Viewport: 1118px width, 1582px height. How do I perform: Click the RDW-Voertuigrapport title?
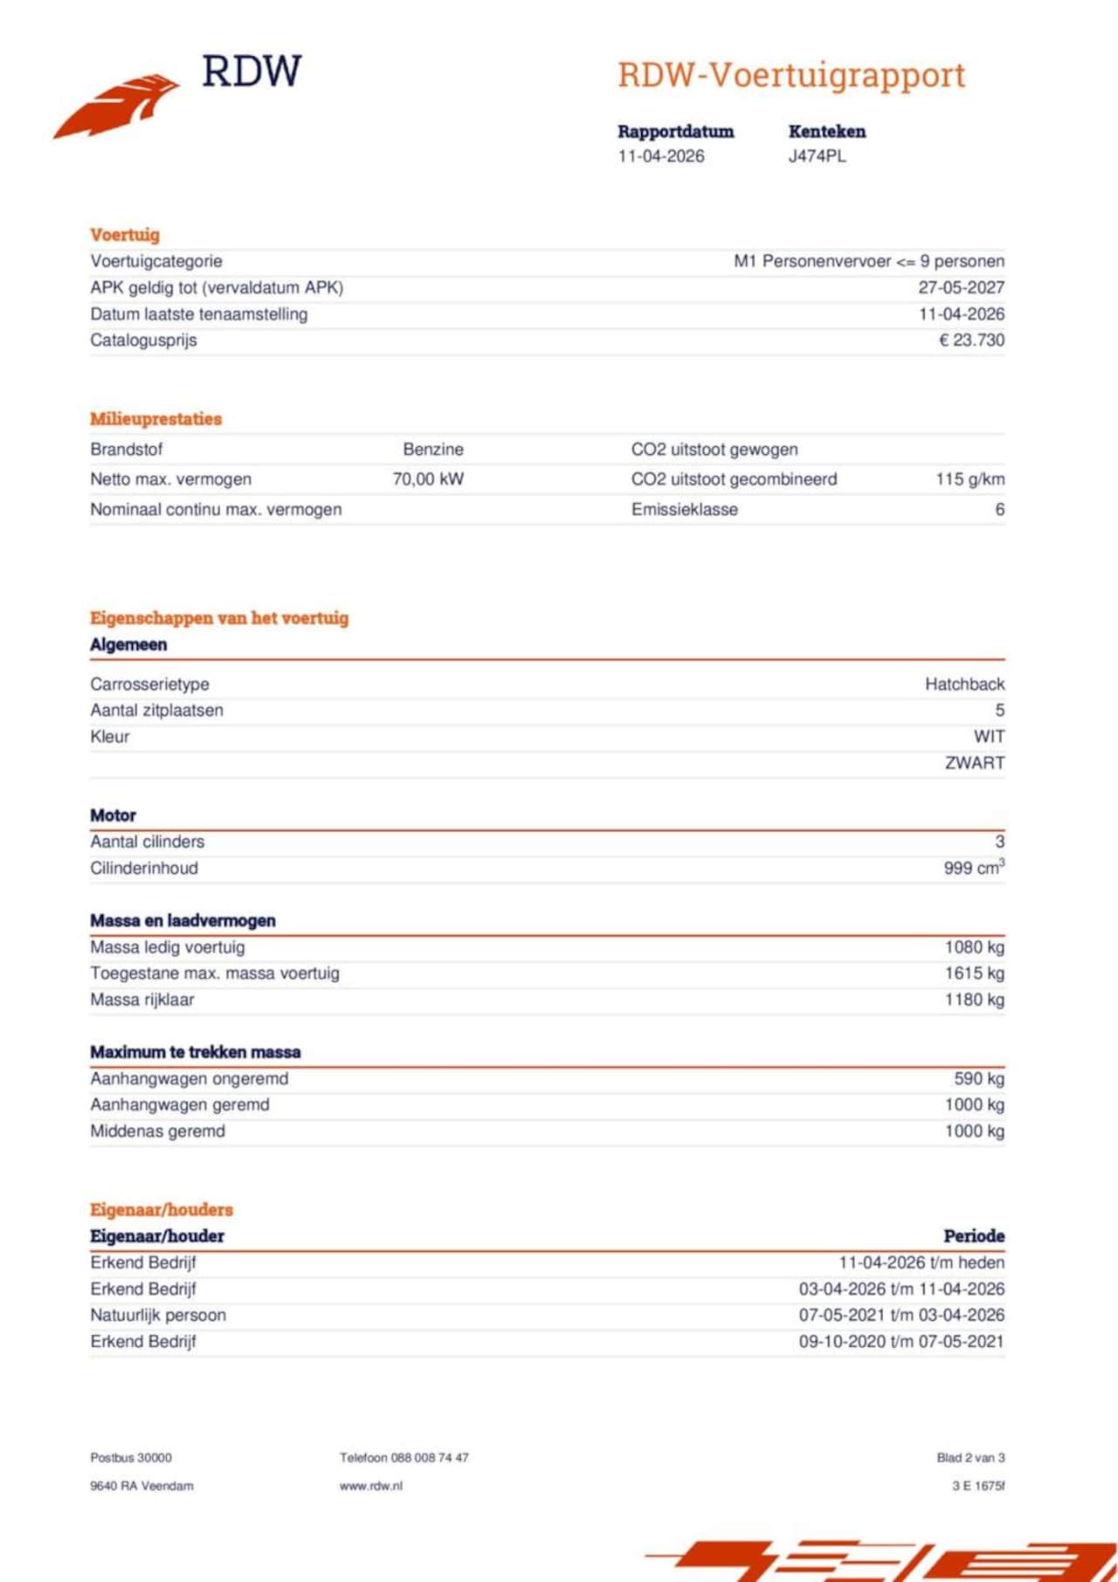click(x=791, y=75)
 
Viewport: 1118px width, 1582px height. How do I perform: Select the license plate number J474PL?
click(x=817, y=157)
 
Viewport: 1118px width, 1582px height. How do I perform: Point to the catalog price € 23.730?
click(x=971, y=340)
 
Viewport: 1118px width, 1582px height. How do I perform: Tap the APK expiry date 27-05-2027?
click(x=961, y=288)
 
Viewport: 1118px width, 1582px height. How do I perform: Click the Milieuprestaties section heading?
click(x=155, y=419)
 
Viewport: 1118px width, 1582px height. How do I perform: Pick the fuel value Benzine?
click(x=433, y=450)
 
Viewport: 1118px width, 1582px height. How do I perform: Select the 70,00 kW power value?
click(x=428, y=479)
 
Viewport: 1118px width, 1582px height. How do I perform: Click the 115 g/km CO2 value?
click(x=970, y=479)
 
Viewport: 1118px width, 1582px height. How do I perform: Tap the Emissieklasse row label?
click(x=684, y=510)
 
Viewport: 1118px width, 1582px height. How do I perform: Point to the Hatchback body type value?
click(x=964, y=684)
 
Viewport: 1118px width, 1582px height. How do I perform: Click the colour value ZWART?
click(x=975, y=763)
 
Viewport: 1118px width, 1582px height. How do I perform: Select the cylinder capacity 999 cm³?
click(x=974, y=868)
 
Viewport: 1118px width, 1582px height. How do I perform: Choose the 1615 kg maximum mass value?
click(x=974, y=973)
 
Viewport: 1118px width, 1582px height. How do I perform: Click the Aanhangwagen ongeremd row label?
click(x=189, y=1079)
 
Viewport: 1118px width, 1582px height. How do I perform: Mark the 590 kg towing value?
click(x=979, y=1079)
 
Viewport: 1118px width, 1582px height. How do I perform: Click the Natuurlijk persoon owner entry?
click(x=158, y=1316)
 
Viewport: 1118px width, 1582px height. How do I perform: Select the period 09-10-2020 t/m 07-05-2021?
click(x=901, y=1342)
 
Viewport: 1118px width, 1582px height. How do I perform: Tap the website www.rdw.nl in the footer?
click(x=371, y=1486)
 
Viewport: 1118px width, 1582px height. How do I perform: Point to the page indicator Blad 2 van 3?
click(x=970, y=1458)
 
